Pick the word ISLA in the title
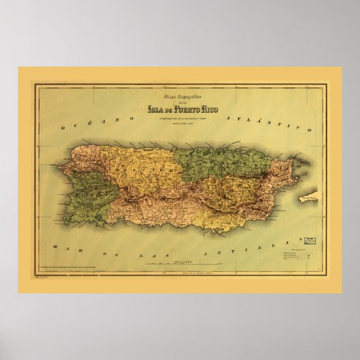pos(157,108)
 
